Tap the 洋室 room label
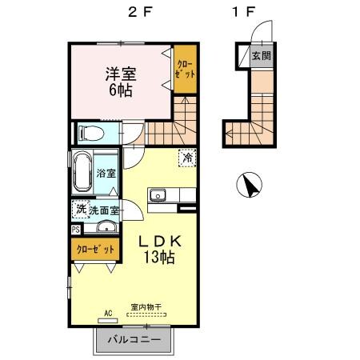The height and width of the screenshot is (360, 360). (x=122, y=74)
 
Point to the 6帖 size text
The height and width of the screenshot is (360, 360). (x=122, y=90)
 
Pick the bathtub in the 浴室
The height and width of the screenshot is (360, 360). (x=82, y=171)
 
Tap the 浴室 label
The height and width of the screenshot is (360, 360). (x=106, y=173)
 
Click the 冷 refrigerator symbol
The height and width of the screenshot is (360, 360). (x=186, y=158)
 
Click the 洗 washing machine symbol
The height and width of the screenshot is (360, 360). (x=80, y=210)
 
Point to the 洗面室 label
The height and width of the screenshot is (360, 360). (x=104, y=210)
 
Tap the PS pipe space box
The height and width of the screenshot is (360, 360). (x=75, y=230)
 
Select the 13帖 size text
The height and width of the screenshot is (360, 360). (x=162, y=258)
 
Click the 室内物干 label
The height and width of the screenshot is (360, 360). (x=146, y=306)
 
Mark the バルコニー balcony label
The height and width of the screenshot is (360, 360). (x=133, y=341)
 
